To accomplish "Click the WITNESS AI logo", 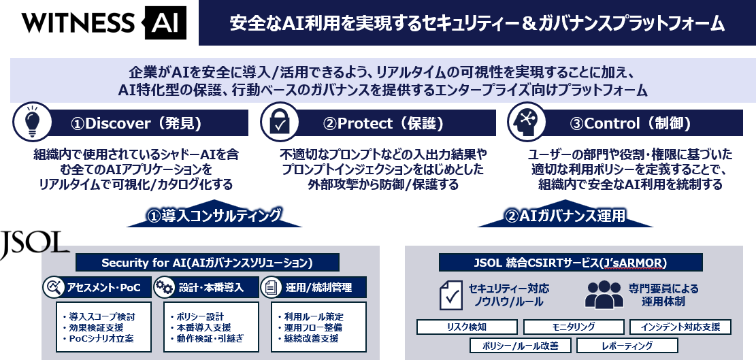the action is click(x=101, y=22).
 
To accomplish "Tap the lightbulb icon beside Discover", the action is click(x=30, y=123).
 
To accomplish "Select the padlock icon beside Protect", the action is click(x=278, y=123).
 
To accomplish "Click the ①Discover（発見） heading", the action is click(x=136, y=124).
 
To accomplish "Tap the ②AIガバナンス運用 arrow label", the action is click(x=565, y=216).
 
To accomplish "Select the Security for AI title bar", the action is click(x=207, y=262).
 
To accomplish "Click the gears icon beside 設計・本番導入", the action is click(x=165, y=287).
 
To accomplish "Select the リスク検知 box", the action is click(x=466, y=327).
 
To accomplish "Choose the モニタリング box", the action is click(x=574, y=327).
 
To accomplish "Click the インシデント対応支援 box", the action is click(x=680, y=327).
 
